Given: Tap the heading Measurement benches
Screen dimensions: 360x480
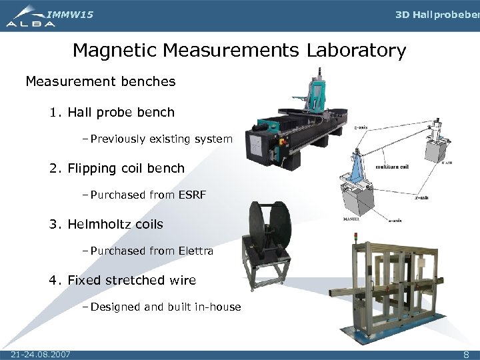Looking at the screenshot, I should pos(101,82).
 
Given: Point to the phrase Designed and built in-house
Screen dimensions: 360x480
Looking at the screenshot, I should pos(165,307).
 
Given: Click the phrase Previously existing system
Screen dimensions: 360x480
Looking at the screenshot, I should pos(161,139).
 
